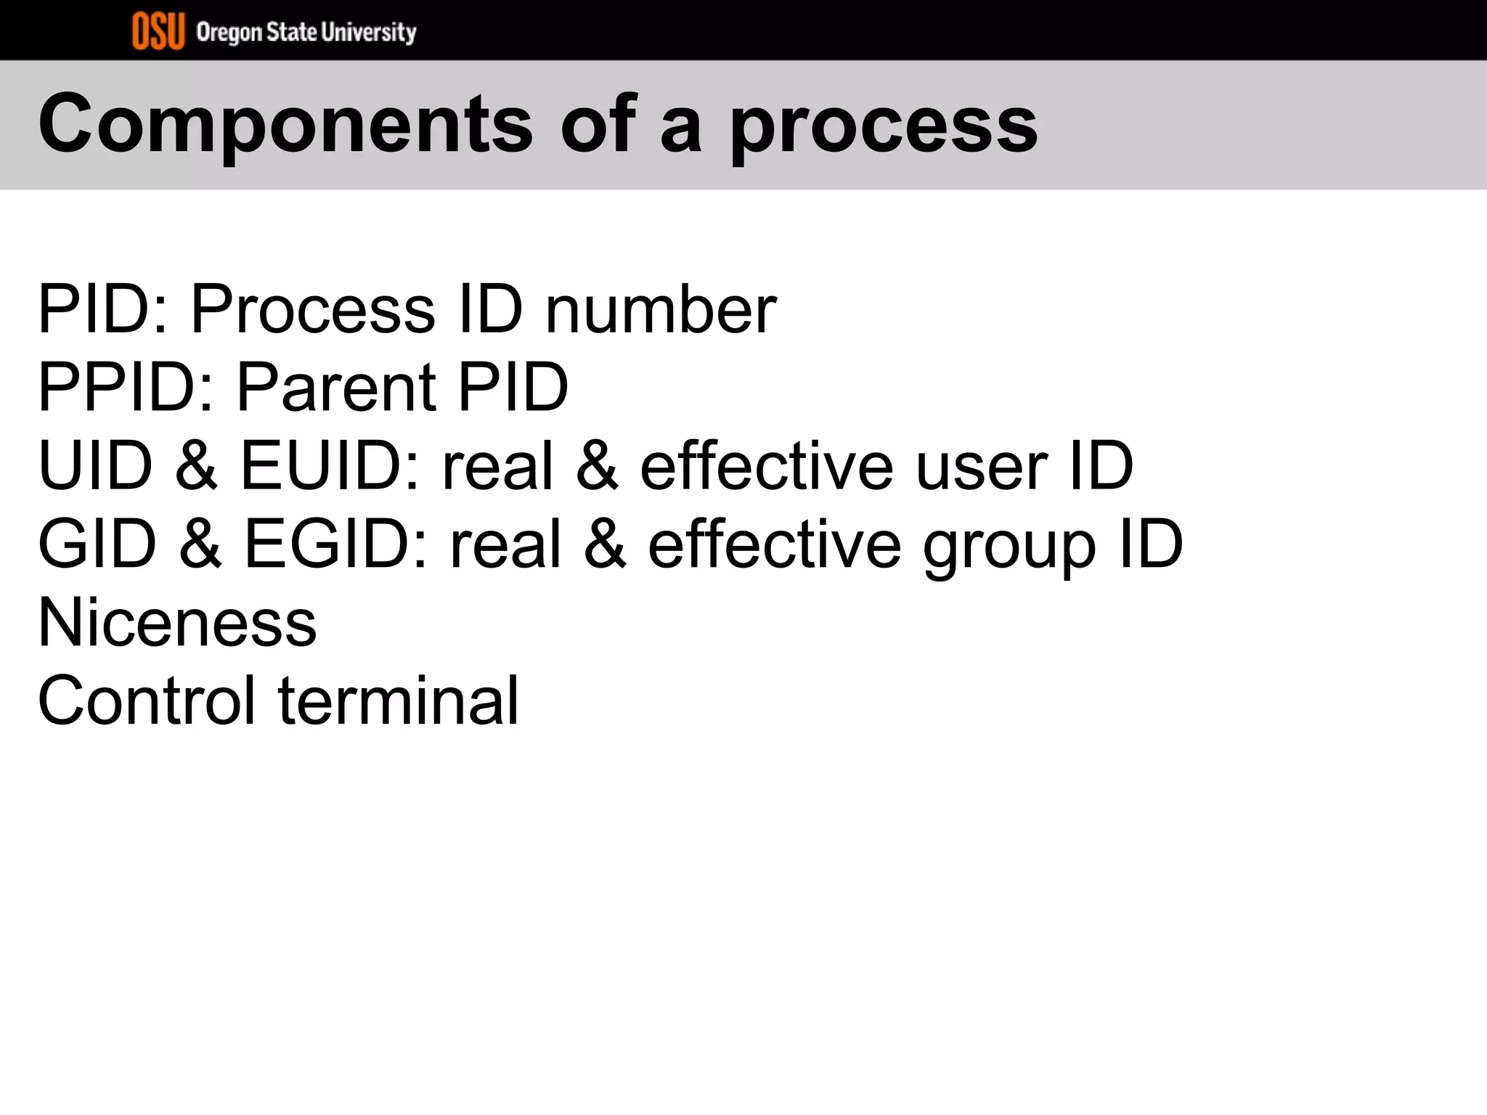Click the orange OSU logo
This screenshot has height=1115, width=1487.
click(x=158, y=32)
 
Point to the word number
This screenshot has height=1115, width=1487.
click(x=660, y=310)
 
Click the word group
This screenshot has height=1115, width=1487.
click(x=1009, y=546)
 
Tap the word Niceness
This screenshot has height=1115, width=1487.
click(x=177, y=622)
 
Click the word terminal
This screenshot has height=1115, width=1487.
click(x=399, y=701)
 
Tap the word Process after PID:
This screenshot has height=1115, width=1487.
click(x=313, y=310)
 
